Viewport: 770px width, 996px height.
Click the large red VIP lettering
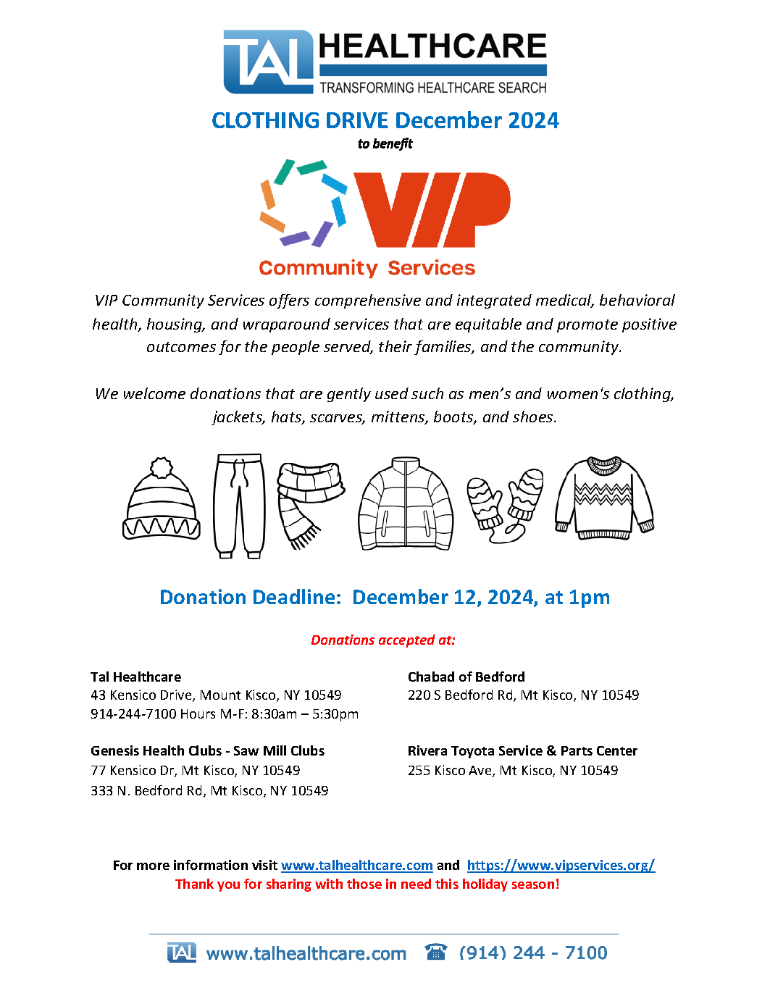[432, 210]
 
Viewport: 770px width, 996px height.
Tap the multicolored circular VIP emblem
[303, 203]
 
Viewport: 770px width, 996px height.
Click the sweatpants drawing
[239, 506]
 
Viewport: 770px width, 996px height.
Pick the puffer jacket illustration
[406, 504]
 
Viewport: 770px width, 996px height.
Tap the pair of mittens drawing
[505, 504]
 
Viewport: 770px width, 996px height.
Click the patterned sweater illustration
[604, 498]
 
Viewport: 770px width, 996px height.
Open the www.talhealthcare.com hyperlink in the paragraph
[356, 865]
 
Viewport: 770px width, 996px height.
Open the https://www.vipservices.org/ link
[561, 865]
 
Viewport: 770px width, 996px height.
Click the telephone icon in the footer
[436, 952]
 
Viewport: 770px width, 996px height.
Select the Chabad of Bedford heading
[466, 677]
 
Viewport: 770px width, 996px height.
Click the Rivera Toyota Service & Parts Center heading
[522, 750]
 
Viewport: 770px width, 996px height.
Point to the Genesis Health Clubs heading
[207, 750]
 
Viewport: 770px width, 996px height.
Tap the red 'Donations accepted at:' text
[383, 640]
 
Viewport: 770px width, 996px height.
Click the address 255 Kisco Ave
[512, 770]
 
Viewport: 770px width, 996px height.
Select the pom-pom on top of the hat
[162, 467]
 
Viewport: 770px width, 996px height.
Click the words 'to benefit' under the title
[385, 143]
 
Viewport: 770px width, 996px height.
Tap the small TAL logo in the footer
[181, 952]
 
